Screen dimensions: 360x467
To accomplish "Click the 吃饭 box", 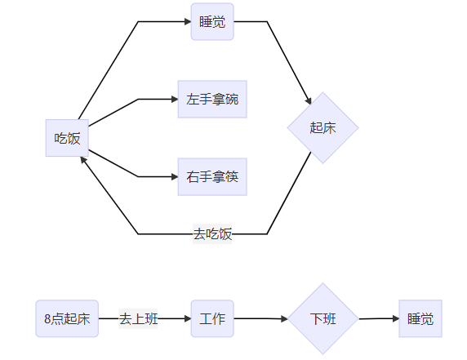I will click(x=67, y=138).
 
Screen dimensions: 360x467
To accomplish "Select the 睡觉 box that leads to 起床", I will click(x=212, y=21).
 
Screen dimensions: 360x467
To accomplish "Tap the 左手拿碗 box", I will click(x=212, y=100).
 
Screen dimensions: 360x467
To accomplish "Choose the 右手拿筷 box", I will click(x=212, y=176).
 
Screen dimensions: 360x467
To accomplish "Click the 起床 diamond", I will click(x=323, y=128).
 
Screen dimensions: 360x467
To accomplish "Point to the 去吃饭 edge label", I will click(x=212, y=234).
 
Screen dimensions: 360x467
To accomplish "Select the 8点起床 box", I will click(x=67, y=318).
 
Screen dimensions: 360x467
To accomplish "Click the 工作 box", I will click(x=212, y=318).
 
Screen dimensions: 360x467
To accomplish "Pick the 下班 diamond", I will click(x=323, y=318).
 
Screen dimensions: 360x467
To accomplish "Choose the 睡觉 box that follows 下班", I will click(x=420, y=318).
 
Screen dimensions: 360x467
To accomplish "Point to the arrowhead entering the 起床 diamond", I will click(x=309, y=101).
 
